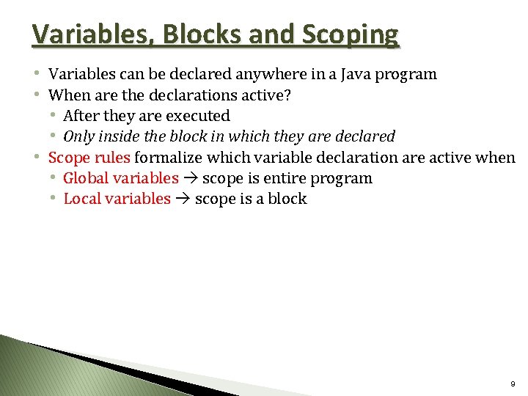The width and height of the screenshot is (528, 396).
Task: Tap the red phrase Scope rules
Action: pos(89,157)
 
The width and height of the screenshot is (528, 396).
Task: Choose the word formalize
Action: pos(166,157)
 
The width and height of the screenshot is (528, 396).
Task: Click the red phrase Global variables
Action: pos(121,178)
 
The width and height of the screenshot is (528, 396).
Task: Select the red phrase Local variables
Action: pos(117,199)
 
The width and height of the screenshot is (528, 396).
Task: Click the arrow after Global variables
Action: pos(191,178)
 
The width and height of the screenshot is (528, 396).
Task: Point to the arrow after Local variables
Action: pos(183,199)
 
